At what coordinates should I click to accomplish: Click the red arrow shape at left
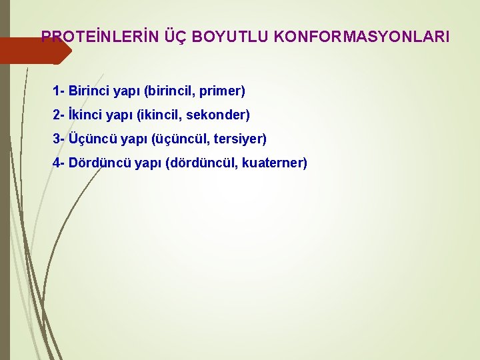point(30,50)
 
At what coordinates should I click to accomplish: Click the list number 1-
point(59,90)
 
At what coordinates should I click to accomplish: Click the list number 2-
point(59,115)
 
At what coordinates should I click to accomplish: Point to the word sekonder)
point(218,115)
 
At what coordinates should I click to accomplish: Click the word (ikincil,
point(159,115)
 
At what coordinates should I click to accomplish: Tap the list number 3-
point(59,139)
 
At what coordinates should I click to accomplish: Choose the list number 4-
point(59,163)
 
